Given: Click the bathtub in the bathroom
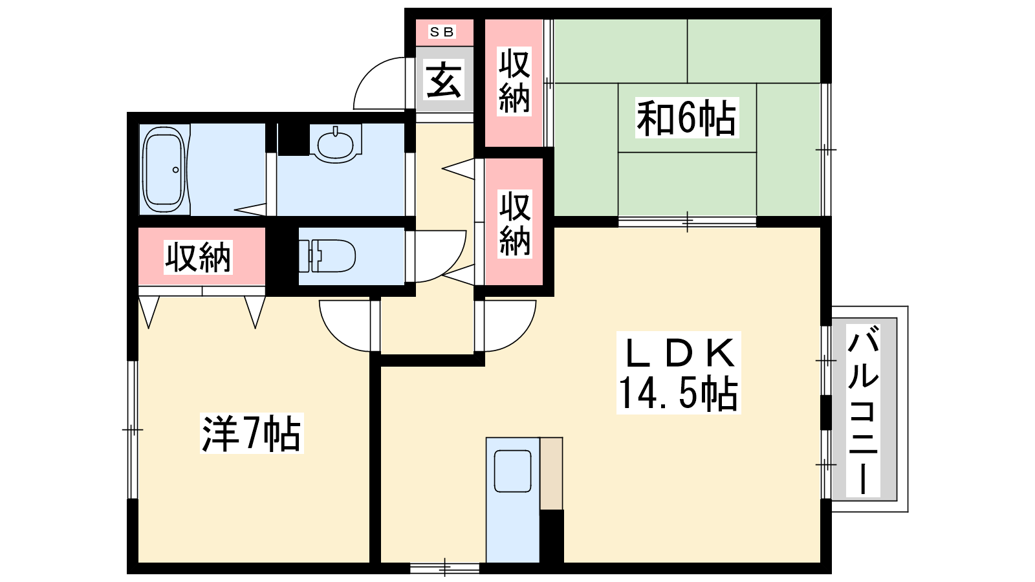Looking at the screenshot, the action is coord(164,169).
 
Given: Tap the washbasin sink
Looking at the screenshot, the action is coord(336,143).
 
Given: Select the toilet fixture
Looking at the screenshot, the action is coord(327,255).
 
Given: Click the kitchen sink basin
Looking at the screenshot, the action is coord(512,471).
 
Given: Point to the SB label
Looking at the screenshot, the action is coord(442,32).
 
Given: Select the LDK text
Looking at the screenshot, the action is coord(679,353).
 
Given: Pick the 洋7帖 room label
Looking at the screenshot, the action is coord(252,433).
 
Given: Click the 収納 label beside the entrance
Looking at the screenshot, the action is coord(514,80).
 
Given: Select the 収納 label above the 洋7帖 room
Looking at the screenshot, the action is coord(198,257).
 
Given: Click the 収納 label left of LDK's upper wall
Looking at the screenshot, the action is coord(515,224).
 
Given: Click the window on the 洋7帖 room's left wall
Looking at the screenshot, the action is coord(133,430).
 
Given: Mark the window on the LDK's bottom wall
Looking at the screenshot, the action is coord(445,568).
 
